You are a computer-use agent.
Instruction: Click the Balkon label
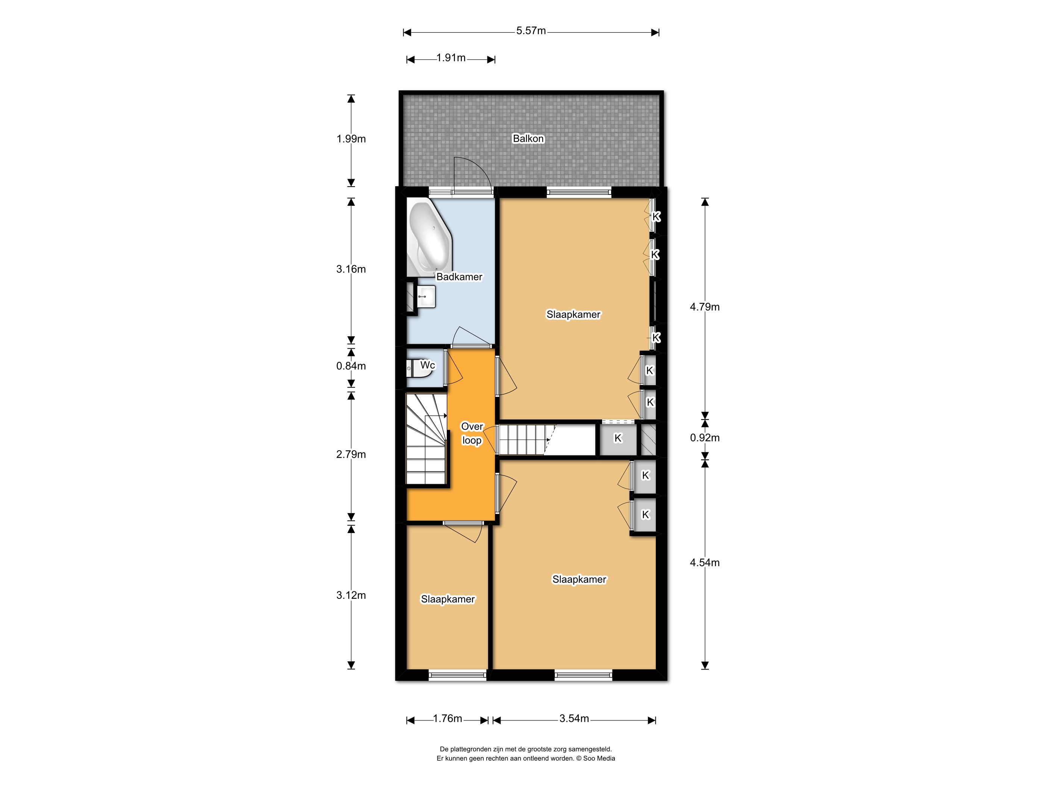click(528, 138)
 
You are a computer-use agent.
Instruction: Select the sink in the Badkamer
click(426, 297)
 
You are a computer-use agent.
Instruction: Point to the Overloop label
click(472, 433)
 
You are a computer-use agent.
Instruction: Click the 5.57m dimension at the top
click(531, 31)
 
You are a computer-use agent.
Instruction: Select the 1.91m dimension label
click(451, 58)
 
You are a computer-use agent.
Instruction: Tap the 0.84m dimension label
click(351, 366)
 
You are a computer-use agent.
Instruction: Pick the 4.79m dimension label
click(704, 307)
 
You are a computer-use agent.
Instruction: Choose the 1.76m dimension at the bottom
click(447, 719)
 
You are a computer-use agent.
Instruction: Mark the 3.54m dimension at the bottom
click(574, 719)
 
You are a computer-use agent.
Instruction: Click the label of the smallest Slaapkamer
click(448, 599)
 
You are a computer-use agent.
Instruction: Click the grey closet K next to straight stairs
click(618, 438)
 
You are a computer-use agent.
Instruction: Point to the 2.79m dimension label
click(351, 454)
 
